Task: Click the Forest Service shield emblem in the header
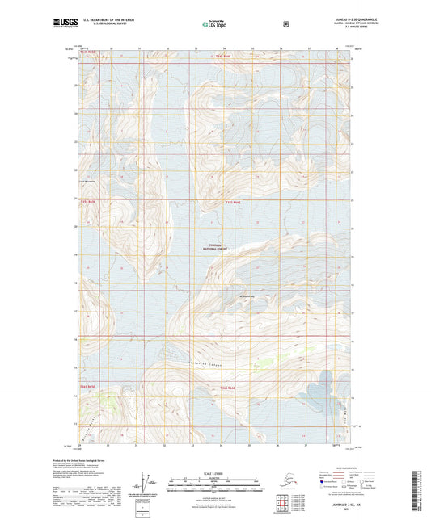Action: coord(285,24)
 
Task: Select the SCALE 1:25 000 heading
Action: coord(214,472)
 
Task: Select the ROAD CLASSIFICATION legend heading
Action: coord(349,468)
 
